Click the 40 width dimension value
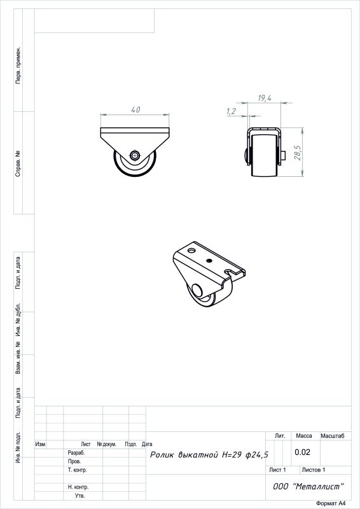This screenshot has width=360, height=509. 135,109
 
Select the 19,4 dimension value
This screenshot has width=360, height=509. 265,98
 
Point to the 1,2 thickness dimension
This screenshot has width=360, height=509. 231,112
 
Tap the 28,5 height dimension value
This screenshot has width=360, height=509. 298,153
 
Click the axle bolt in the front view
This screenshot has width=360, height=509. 134,155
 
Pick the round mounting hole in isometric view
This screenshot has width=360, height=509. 191,251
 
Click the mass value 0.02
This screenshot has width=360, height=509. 302,452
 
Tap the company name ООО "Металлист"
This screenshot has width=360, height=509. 308,486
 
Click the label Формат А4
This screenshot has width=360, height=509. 331,503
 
